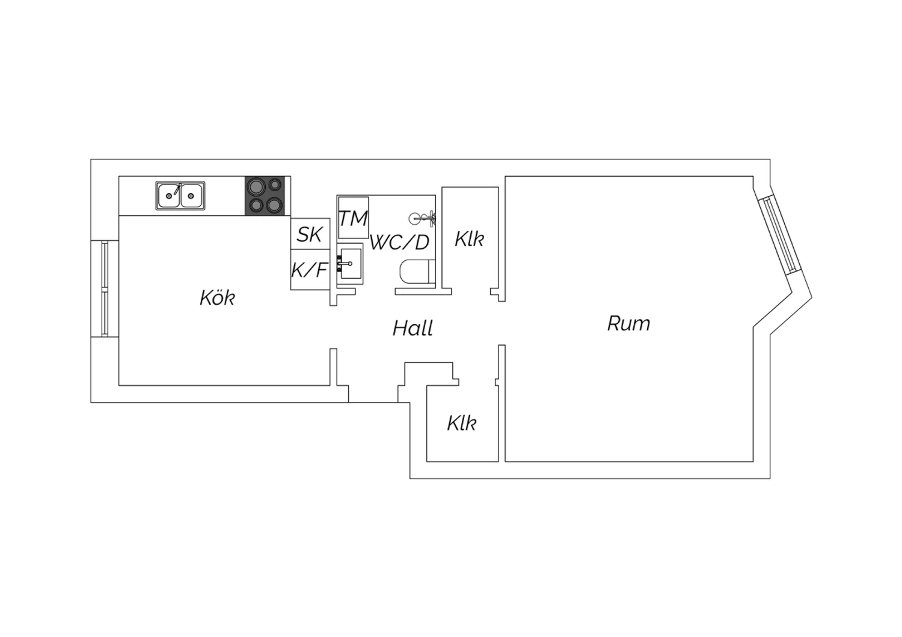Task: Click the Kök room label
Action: [218, 298]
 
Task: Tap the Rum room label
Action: [628, 323]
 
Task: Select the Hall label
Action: [413, 328]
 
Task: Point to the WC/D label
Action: [399, 242]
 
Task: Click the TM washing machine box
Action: [353, 218]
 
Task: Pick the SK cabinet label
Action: [310, 234]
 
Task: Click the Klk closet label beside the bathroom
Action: [470, 239]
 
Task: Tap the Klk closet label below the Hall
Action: [462, 423]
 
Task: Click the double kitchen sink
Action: [180, 195]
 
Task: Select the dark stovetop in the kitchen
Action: [265, 195]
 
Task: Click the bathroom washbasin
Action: [350, 264]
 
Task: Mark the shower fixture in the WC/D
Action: [423, 219]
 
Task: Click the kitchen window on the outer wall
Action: [105, 288]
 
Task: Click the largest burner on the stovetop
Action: [256, 187]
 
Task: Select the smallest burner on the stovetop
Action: [275, 184]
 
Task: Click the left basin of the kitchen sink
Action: [169, 196]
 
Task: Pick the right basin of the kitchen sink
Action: [192, 196]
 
